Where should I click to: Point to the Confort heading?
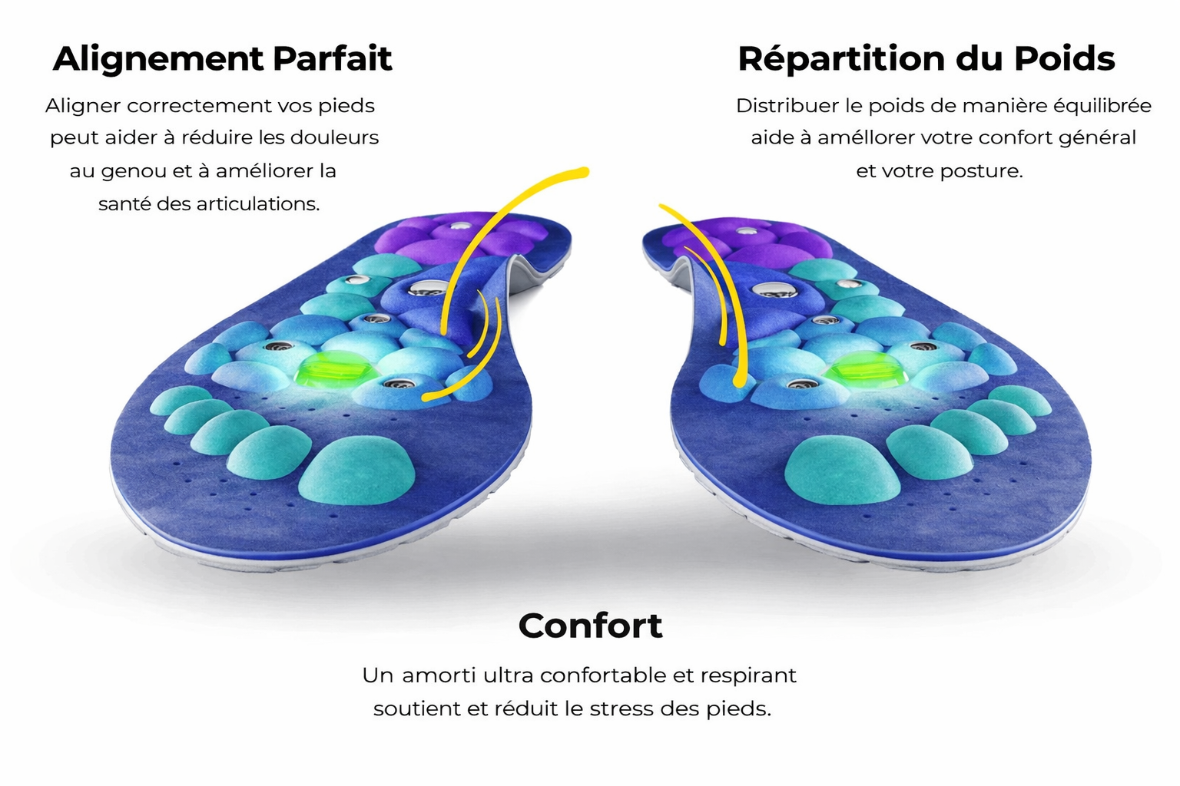tap(590, 626)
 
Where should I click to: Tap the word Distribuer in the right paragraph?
tap(787, 106)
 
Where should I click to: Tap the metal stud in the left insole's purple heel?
tap(460, 226)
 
